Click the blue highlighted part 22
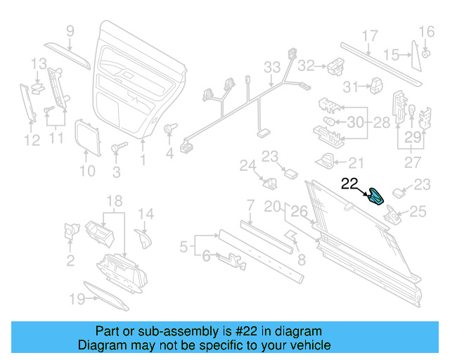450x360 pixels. [378, 196]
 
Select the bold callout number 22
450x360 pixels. [350, 184]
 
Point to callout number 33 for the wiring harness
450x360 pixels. [272, 67]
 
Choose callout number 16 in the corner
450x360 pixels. [427, 32]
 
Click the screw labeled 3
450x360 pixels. [118, 149]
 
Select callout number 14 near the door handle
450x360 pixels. [145, 214]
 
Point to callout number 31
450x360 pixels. [351, 86]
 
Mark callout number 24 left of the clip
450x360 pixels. [247, 166]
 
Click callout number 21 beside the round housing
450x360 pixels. [356, 163]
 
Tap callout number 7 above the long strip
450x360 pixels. [249, 205]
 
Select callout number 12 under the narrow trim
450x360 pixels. [31, 141]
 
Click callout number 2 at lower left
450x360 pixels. [70, 262]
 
